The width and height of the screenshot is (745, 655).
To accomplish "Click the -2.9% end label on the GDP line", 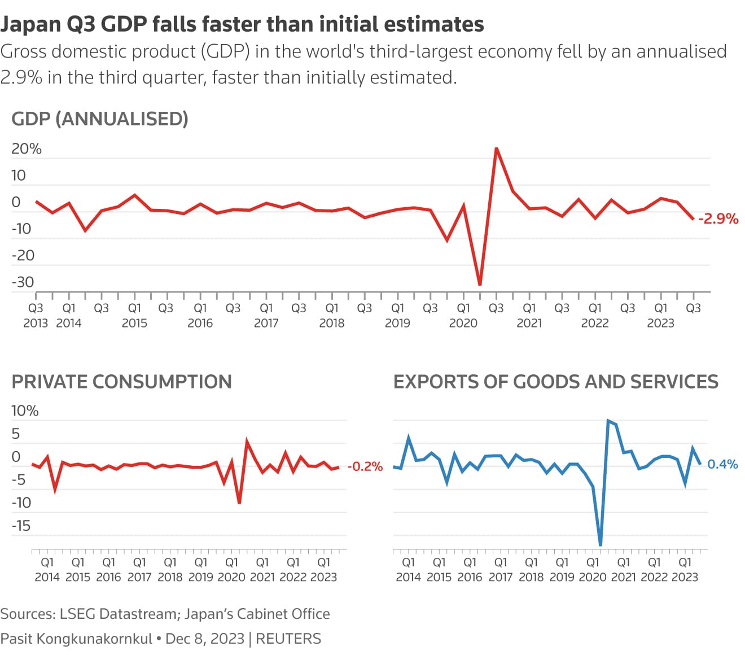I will (718, 219).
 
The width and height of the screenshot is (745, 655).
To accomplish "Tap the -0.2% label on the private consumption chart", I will (365, 466).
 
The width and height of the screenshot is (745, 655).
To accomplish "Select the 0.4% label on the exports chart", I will (722, 464).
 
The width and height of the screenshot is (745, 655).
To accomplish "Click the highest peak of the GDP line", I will (496, 149).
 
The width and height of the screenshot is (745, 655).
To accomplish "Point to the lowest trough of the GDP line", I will (480, 284).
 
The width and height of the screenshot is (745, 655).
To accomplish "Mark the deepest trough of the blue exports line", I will (600, 544).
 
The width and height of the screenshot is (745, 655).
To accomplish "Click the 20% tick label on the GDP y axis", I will (27, 149).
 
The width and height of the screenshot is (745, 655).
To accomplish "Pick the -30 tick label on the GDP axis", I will (23, 282).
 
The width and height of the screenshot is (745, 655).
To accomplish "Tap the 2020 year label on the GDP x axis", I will (463, 323).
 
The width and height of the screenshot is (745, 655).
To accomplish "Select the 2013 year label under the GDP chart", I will (36, 323).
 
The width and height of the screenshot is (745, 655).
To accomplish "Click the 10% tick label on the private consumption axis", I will (25, 411).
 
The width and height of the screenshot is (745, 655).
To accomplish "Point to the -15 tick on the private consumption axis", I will (21, 526).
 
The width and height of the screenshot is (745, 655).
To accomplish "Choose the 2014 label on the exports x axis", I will (408, 577).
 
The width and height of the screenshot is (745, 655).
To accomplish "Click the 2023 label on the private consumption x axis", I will (323, 577).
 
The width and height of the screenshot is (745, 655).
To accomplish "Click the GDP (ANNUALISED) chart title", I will (100, 119).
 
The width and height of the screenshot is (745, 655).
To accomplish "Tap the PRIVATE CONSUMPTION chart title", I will (121, 382).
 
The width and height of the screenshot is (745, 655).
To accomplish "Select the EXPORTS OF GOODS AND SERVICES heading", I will (555, 382).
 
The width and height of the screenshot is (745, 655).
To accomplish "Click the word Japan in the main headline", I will (30, 24).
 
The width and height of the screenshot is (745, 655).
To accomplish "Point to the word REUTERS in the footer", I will (288, 639).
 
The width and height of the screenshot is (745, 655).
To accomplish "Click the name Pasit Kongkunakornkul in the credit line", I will (76, 639).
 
